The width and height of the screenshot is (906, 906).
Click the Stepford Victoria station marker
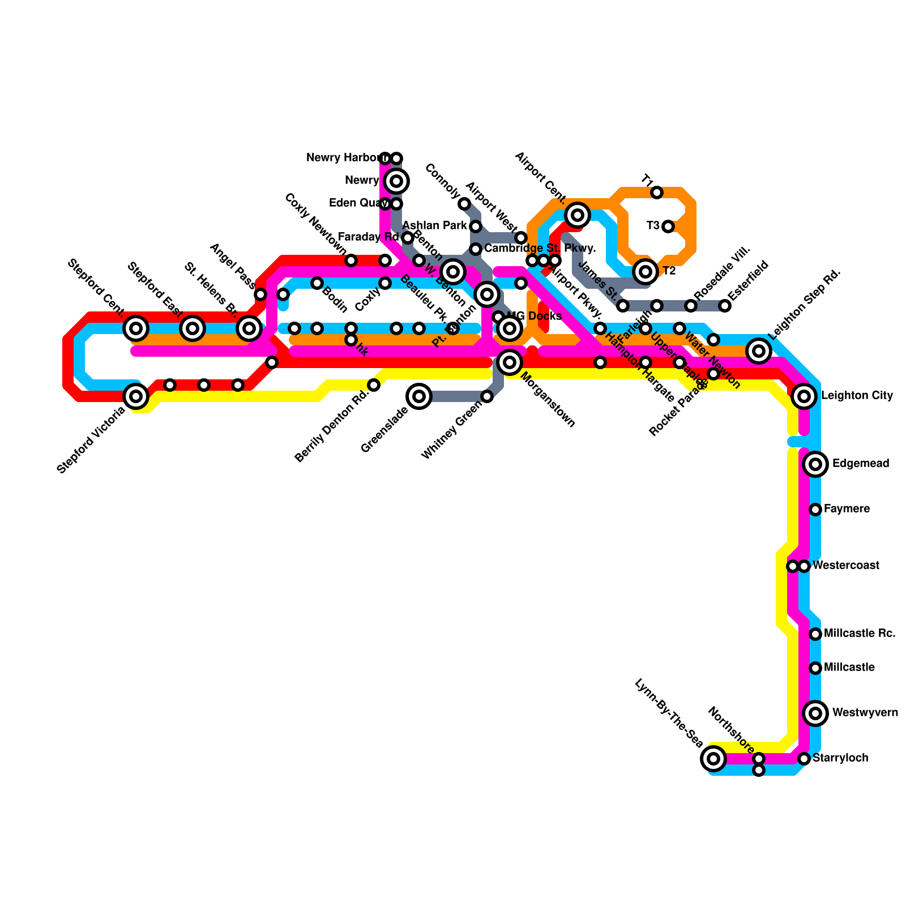pos(136,396)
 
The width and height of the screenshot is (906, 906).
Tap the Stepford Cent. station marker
pos(136,328)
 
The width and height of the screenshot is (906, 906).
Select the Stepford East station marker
pos(193,328)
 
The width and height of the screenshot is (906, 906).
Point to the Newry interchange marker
pos(396,181)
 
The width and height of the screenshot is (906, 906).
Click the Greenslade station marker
pos(419,396)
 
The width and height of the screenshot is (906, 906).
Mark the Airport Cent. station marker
pos(578,215)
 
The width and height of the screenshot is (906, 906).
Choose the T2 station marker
pos(646,272)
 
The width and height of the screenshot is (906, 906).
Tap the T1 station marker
pos(657,193)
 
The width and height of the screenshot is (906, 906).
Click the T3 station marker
pos(668,226)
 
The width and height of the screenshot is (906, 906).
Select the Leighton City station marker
pos(804,396)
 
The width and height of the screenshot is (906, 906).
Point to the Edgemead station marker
pos(815,464)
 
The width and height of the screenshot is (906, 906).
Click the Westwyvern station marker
pos(815,713)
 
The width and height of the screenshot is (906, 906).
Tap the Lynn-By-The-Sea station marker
pos(713,758)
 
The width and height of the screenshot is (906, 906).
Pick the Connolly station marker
pos(464,204)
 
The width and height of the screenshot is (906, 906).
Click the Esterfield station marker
pos(725,306)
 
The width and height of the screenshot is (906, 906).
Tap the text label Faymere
pos(847,509)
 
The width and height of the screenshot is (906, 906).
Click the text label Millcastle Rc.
pos(860,633)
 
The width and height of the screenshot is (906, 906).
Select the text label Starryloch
pos(840,758)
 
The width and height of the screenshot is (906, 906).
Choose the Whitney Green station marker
pos(487,396)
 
